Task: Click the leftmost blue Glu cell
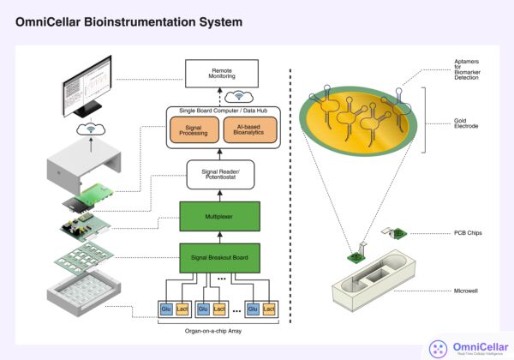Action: click(x=166, y=307)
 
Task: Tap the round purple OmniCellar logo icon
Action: click(x=439, y=347)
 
